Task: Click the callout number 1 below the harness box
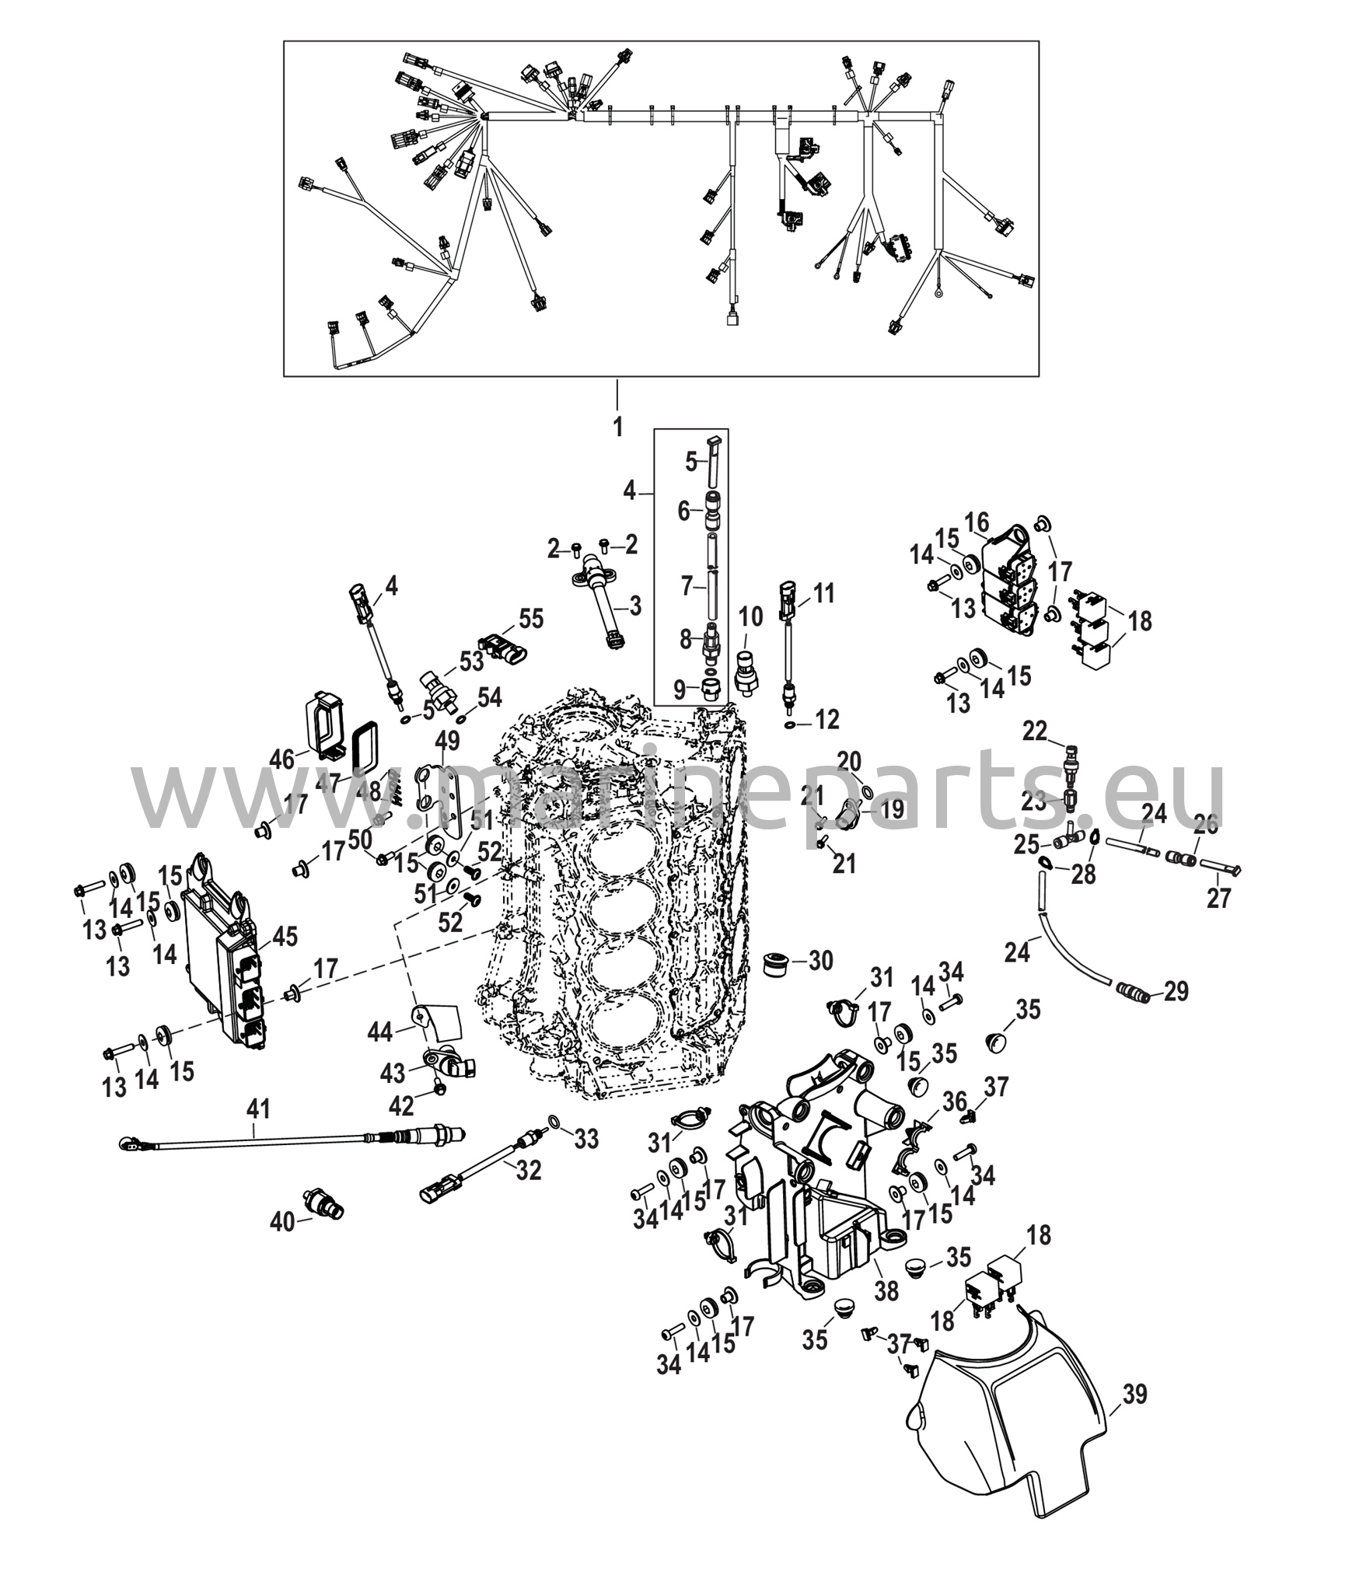tap(618, 427)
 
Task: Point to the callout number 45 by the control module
tap(285, 937)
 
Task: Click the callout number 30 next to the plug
tap(820, 961)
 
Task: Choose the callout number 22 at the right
tap(1035, 731)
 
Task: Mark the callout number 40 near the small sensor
tap(281, 1245)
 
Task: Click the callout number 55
tap(531, 619)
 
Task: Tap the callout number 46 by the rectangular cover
tap(282, 759)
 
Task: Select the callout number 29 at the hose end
tap(1177, 991)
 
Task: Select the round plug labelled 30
tap(774, 963)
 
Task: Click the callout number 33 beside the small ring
tap(587, 1140)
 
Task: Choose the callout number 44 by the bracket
tap(381, 1032)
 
